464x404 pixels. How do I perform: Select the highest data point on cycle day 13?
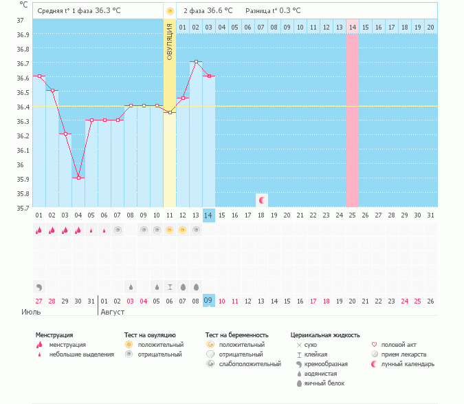click(x=196, y=62)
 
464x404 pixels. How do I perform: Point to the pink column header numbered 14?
click(x=352, y=27)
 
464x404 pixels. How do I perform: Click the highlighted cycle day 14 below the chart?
click(x=208, y=215)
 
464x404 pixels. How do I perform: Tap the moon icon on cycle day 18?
click(x=261, y=200)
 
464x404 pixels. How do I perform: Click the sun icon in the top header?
click(x=170, y=11)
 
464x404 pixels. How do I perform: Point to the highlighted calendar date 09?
click(x=208, y=301)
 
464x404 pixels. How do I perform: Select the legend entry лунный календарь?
click(x=408, y=364)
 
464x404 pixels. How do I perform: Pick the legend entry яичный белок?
click(x=324, y=383)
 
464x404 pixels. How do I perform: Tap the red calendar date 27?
click(x=39, y=301)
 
